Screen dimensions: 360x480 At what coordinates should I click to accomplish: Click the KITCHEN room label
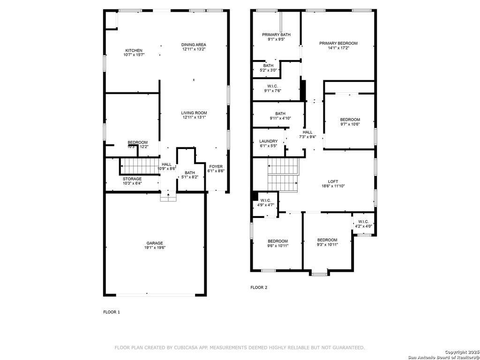(134, 51)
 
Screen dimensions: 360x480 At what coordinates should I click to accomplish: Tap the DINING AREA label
(194, 45)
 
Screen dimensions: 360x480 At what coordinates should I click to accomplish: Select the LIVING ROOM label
(194, 113)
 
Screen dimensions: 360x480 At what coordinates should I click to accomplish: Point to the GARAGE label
(155, 243)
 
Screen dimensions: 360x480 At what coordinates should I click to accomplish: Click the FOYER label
(216, 166)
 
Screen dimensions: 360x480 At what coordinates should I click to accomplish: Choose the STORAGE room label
(132, 179)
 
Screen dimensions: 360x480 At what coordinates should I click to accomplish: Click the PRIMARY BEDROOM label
(338, 43)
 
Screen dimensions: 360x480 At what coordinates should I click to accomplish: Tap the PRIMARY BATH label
(276, 35)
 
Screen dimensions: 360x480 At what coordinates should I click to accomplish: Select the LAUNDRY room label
(269, 141)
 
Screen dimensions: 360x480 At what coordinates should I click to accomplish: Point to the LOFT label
(333, 181)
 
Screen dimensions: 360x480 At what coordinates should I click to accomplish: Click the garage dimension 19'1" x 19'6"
(155, 248)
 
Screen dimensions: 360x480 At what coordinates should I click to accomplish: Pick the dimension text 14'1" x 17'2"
(338, 48)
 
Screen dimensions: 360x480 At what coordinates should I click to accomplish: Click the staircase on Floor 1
(140, 165)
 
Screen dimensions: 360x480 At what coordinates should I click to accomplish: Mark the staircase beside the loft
(284, 174)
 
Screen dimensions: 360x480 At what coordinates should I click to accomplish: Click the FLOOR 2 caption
(259, 287)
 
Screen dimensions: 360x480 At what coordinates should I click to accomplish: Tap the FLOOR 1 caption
(112, 312)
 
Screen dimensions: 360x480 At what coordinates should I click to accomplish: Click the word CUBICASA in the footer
(192, 347)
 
